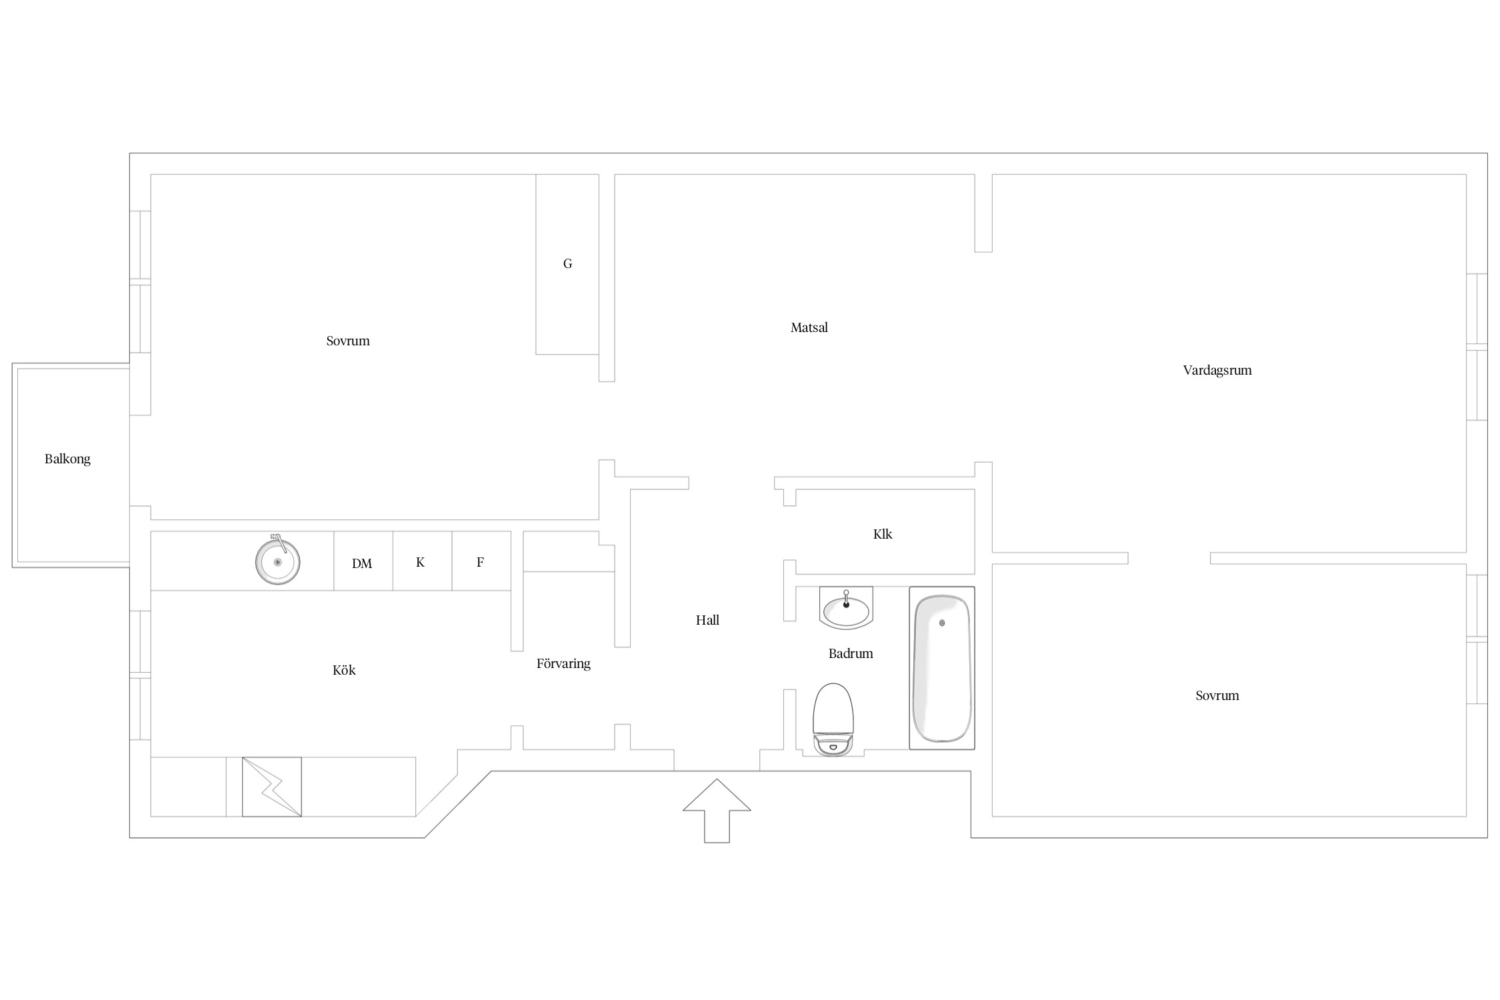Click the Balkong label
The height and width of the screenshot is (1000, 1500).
(x=67, y=459)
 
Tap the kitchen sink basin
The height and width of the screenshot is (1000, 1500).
(x=277, y=561)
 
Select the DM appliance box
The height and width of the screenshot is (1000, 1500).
(x=363, y=561)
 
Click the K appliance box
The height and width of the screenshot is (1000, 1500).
(x=423, y=561)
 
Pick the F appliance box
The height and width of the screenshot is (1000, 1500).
(x=481, y=561)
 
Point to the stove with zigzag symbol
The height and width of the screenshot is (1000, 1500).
(x=271, y=787)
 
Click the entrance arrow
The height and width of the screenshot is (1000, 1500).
(x=717, y=811)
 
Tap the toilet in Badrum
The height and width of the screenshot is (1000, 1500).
(x=833, y=719)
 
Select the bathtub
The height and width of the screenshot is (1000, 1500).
(x=942, y=668)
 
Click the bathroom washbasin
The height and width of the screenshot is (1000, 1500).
(x=846, y=609)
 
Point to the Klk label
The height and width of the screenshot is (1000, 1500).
(x=883, y=534)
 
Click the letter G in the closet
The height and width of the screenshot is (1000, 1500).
(x=567, y=263)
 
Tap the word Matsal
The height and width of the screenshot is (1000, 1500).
(x=809, y=327)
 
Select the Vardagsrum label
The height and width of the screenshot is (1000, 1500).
(x=1217, y=370)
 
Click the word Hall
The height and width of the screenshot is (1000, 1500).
(x=707, y=620)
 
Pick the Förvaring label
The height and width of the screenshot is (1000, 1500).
(x=563, y=663)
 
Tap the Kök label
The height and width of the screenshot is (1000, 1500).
(x=344, y=670)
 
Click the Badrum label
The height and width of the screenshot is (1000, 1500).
(x=851, y=653)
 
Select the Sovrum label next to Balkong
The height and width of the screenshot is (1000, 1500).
(x=348, y=341)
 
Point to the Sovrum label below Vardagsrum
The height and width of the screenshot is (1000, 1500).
(x=1217, y=695)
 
